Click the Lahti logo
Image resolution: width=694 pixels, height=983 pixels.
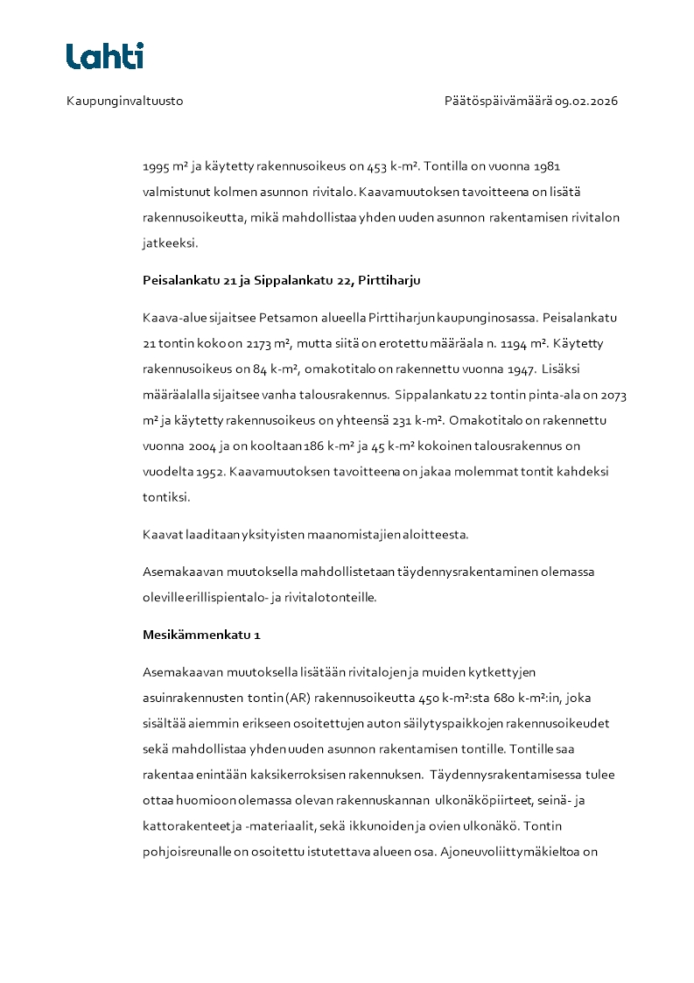(x=105, y=56)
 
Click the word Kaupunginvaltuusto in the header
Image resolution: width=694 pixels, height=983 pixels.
(x=124, y=101)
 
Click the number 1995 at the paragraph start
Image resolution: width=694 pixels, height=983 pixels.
(x=158, y=165)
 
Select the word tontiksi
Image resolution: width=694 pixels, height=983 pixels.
(x=165, y=496)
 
